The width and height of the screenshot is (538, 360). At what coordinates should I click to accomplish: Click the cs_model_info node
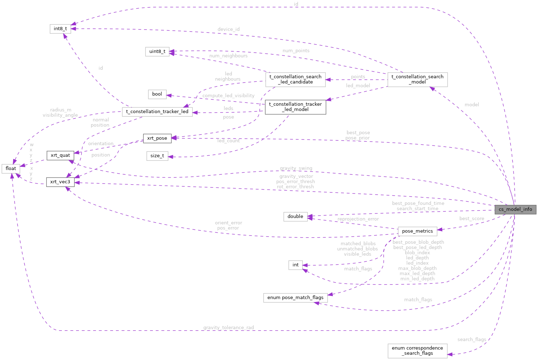(x=515, y=209)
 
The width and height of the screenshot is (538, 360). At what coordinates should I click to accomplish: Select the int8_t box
(x=60, y=29)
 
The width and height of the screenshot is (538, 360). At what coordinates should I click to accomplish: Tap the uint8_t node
(x=157, y=52)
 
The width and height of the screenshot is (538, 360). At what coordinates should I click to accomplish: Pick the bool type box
(x=157, y=94)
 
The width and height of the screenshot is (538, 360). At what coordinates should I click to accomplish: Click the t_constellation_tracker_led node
(x=157, y=112)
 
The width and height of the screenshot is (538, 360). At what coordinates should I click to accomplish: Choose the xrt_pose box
(x=157, y=138)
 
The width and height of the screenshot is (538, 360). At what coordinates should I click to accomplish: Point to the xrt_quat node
(x=60, y=155)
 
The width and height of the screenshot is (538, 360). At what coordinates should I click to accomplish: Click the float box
(x=11, y=169)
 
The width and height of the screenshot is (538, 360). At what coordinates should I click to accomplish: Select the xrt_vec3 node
(x=60, y=182)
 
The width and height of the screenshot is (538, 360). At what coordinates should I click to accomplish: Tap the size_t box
(x=157, y=156)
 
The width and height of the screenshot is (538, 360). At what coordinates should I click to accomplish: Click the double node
(x=295, y=217)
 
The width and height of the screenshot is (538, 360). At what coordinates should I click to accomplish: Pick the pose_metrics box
(x=417, y=231)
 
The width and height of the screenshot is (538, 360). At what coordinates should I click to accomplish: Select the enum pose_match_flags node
(x=295, y=298)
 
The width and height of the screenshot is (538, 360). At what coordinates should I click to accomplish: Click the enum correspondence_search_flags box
(x=417, y=351)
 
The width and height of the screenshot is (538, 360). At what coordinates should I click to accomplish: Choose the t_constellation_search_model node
(x=417, y=79)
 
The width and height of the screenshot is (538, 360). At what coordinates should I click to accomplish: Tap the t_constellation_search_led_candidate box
(x=295, y=79)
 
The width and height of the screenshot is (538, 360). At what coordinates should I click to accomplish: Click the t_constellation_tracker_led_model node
(x=295, y=107)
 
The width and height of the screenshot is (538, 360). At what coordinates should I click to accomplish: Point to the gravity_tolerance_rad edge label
(x=228, y=328)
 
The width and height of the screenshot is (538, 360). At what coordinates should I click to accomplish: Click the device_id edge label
(x=228, y=29)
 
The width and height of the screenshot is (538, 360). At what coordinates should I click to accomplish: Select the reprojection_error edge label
(x=358, y=219)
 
